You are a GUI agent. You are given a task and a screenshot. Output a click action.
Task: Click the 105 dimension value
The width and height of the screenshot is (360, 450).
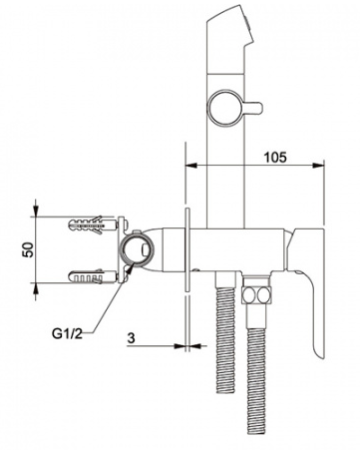275,157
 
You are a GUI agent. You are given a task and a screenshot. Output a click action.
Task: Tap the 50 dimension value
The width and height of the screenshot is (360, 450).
28,249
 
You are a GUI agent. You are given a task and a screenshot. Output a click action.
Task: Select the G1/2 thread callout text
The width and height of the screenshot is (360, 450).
67,333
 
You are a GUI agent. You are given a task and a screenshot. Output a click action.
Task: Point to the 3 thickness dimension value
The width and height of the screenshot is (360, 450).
132,338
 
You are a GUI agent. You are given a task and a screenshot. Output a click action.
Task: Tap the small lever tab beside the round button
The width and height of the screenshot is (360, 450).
253,108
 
